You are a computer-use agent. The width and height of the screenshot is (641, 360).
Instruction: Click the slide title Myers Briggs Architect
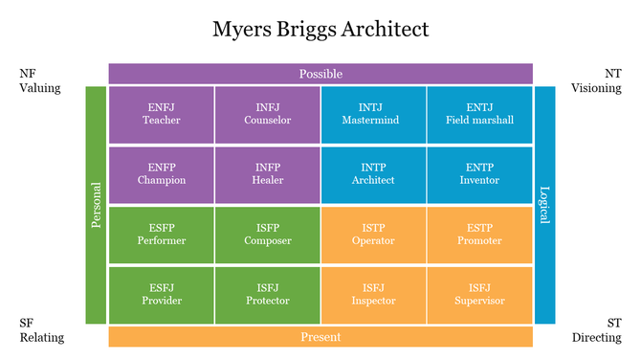point(320,30)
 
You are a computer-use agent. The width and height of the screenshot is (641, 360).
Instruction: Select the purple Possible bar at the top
point(320,74)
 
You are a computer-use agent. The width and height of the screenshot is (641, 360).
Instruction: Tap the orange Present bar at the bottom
point(320,336)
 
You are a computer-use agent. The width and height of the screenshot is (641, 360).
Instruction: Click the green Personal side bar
point(97,205)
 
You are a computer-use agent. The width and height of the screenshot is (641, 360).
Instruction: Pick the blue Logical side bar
point(544,205)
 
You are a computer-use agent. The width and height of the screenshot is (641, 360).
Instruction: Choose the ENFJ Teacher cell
point(162,114)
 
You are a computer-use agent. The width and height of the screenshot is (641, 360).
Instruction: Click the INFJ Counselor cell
point(268,114)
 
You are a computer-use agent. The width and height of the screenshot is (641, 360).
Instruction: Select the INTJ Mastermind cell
point(373,114)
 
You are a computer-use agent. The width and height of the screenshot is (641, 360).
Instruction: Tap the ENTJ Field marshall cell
point(479,114)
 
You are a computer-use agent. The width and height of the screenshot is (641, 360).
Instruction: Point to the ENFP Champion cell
point(162,174)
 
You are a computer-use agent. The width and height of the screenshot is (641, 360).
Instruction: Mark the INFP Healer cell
point(268,174)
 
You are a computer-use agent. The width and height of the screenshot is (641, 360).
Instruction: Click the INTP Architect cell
point(373,174)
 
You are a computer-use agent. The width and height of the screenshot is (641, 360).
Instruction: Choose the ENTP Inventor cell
point(479,174)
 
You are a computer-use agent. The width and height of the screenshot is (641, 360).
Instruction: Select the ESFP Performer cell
point(162,235)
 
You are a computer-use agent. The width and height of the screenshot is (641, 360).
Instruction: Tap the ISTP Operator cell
point(373,235)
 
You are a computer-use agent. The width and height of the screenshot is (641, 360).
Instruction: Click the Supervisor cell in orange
point(479,295)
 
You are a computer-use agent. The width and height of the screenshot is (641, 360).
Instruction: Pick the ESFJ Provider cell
point(162,295)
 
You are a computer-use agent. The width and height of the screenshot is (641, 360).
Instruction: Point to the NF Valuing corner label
point(39,80)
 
